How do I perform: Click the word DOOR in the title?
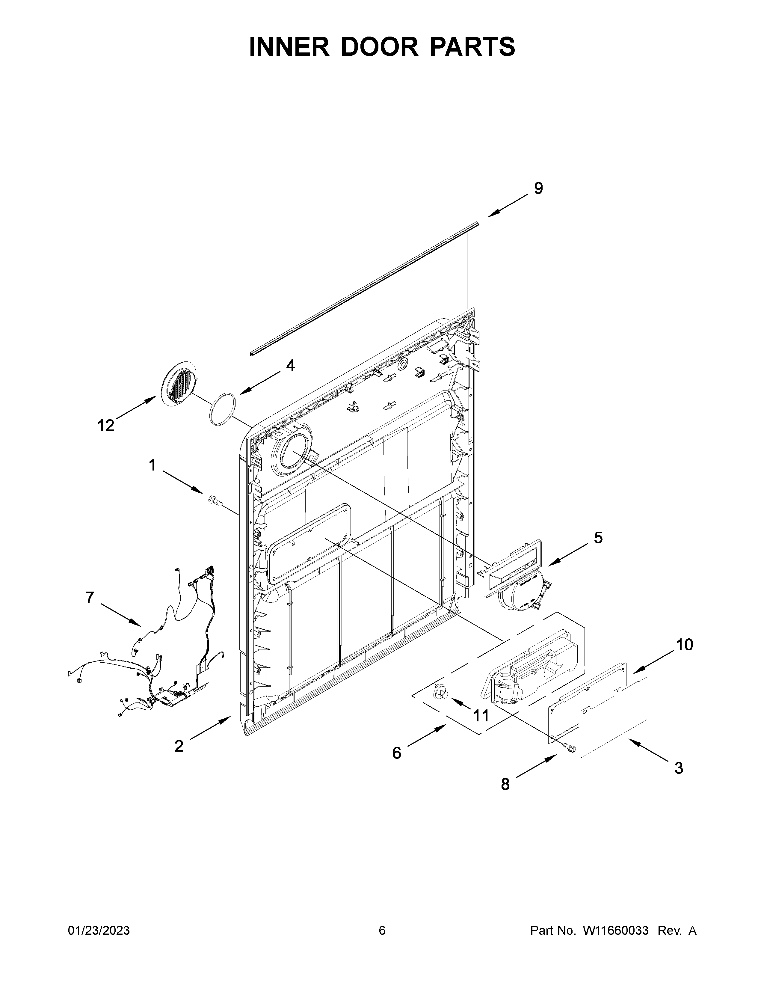click(379, 47)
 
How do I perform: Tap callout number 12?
click(106, 426)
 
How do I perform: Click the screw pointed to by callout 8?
click(569, 748)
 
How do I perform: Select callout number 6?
click(396, 753)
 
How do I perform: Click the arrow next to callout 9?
click(508, 205)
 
